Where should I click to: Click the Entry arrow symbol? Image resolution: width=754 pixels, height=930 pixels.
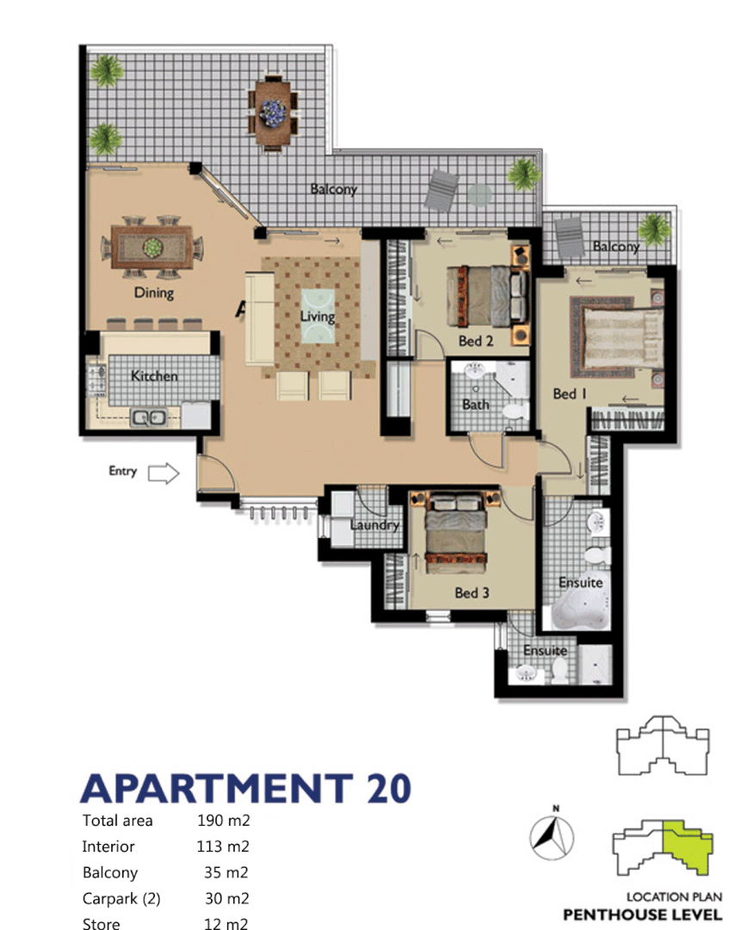coord(163,473)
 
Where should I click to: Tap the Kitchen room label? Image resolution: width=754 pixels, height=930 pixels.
coord(154,376)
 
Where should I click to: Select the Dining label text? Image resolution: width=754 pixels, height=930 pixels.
coord(154,293)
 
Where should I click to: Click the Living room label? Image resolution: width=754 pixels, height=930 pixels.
coord(317,316)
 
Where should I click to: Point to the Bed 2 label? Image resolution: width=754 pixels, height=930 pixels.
coord(476,341)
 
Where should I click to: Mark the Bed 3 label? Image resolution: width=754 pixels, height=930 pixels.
coord(473,592)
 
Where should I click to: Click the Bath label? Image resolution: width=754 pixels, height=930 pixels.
coord(475,404)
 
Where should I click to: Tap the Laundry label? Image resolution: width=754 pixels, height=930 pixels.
coord(374,525)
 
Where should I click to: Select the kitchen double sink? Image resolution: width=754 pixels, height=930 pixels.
coord(148,418)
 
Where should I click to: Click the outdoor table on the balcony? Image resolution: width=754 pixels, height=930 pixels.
coord(275,112)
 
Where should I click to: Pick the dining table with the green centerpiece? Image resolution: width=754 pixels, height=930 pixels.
coord(152,247)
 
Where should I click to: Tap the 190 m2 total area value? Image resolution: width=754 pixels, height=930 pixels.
coord(223,821)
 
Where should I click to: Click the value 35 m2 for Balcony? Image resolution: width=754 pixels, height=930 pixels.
coord(226,872)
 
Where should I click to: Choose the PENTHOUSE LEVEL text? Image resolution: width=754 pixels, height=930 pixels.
coord(642,914)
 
